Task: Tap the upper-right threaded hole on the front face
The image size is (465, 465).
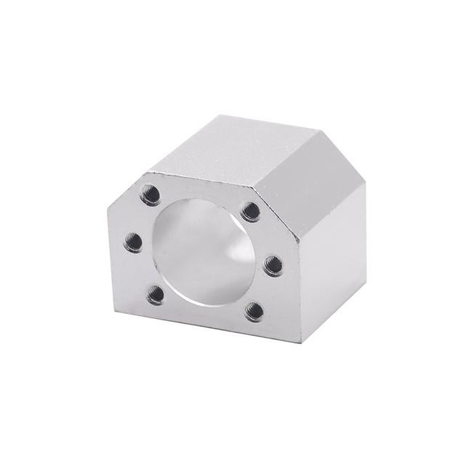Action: (x=251, y=212)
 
